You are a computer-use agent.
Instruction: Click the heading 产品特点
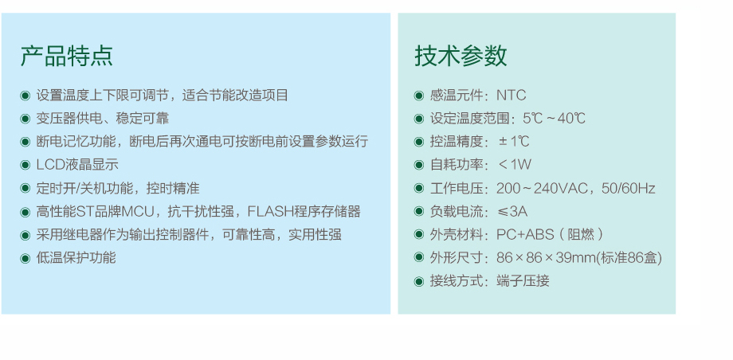[66, 56]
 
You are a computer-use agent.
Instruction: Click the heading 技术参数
[461, 56]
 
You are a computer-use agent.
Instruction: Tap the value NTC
[511, 96]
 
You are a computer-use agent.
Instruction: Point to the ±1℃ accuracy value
[514, 141]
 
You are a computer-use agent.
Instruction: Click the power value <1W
[515, 165]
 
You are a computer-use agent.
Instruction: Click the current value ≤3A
[513, 211]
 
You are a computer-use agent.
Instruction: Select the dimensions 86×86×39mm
[546, 257]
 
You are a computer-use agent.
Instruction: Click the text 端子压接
[523, 281]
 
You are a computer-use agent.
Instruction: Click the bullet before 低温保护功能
[25, 258]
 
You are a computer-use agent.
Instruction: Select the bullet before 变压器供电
[25, 119]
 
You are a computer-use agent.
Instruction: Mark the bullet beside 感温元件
[419, 96]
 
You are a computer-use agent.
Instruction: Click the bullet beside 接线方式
[419, 281]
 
